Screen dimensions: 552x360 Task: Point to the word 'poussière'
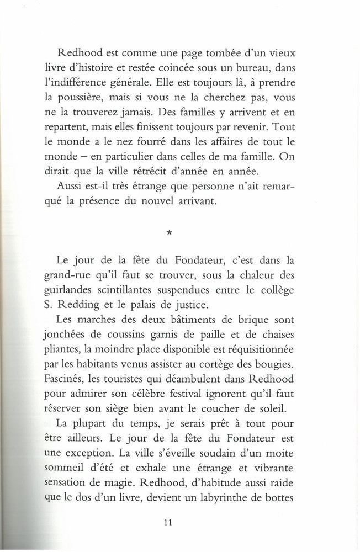click(94, 100)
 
